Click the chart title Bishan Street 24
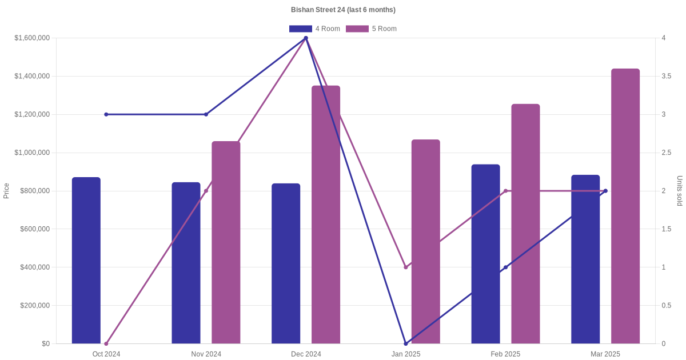[343, 10]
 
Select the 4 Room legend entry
[314, 29]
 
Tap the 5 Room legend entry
[371, 29]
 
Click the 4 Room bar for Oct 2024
[86, 261]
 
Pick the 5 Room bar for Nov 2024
[226, 242]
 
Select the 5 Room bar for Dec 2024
[326, 215]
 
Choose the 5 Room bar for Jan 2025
[426, 242]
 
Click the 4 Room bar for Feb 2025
[485, 254]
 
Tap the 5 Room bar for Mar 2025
[625, 206]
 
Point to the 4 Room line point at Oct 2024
[106, 114]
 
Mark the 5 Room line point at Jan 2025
[406, 267]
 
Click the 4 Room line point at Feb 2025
[505, 267]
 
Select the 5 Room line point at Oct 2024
[106, 343]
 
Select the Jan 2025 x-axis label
[406, 354]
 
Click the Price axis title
[6, 191]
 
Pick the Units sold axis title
[680, 191]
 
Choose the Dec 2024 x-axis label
[306, 354]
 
